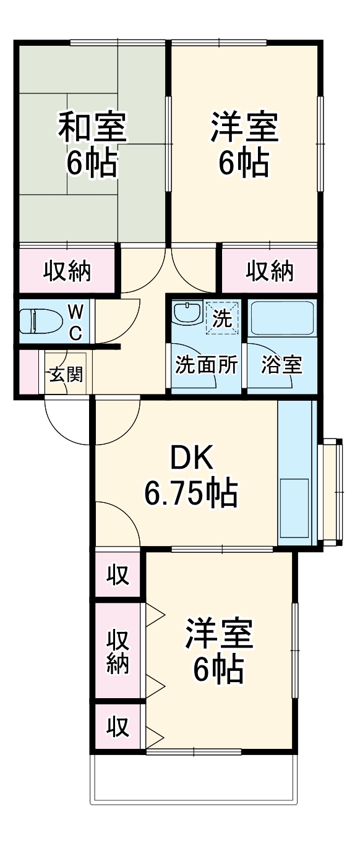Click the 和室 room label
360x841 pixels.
point(93,126)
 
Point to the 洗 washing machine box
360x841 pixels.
point(221,317)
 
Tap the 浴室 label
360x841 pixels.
point(281,365)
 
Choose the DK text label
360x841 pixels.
point(192,459)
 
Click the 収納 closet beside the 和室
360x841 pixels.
point(67,271)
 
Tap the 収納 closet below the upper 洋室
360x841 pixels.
point(270,271)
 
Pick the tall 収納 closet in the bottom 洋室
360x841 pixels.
point(118,651)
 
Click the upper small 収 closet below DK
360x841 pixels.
point(118,576)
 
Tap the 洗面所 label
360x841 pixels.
point(206,365)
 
